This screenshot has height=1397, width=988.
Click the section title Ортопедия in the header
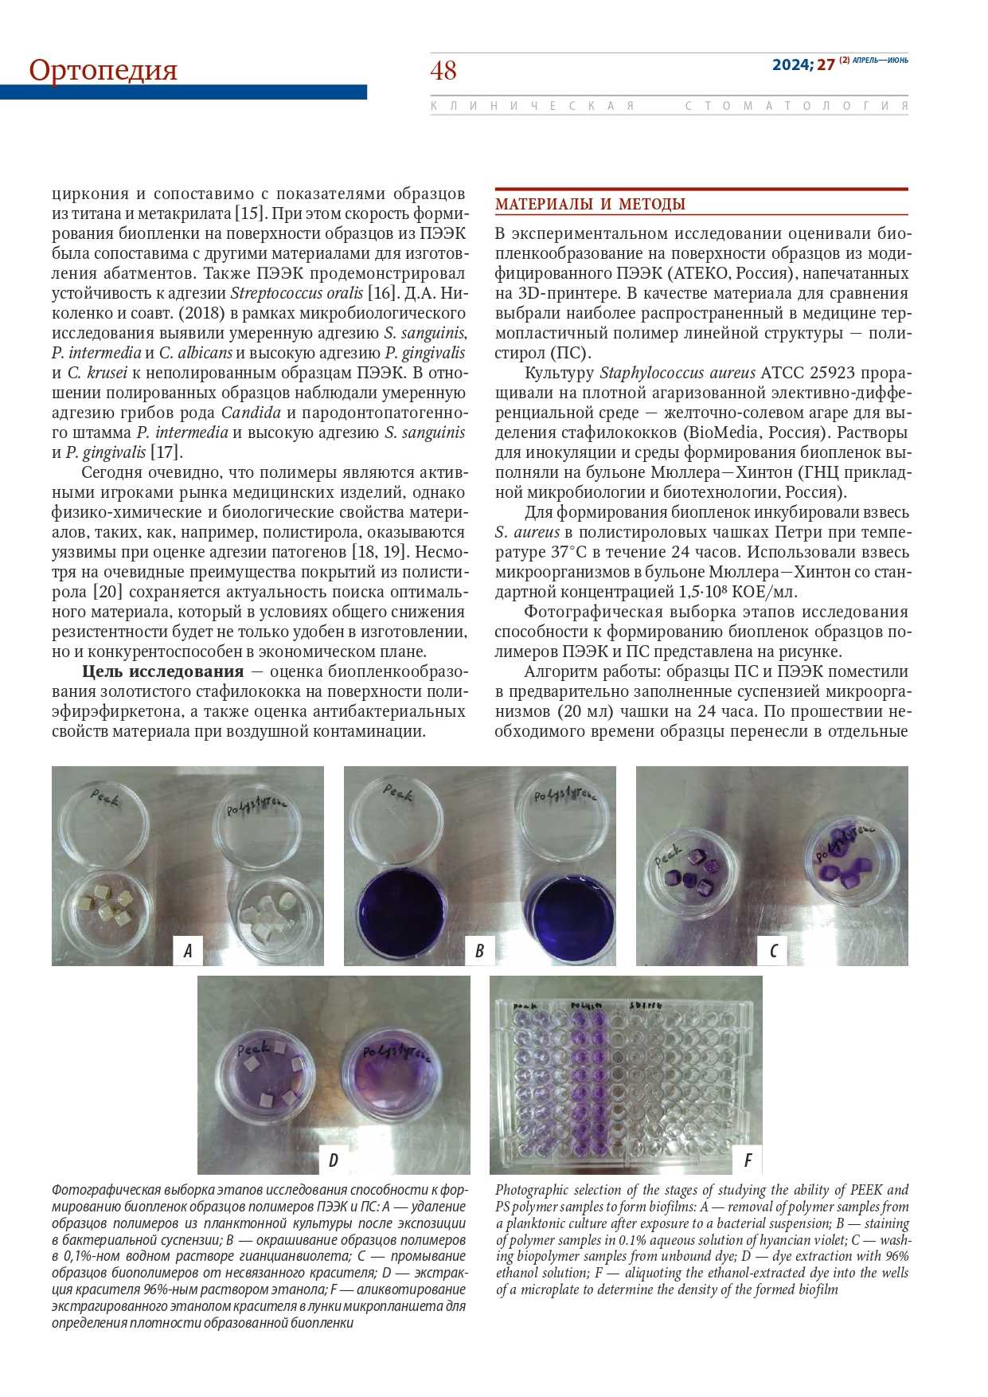(x=103, y=70)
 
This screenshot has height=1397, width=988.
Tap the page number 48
(x=443, y=71)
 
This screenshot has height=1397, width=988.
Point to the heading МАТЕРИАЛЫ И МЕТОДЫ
(x=590, y=204)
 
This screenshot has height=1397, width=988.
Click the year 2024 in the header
(x=791, y=65)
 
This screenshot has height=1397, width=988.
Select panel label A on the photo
(x=188, y=950)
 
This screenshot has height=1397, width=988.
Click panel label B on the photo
(x=479, y=950)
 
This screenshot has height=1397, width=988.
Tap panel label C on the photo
(x=772, y=950)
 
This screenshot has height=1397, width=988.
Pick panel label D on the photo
(x=333, y=1160)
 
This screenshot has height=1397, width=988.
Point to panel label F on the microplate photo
(x=748, y=1160)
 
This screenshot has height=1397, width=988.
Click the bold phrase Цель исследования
(x=162, y=671)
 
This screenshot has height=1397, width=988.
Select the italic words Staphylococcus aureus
(x=677, y=373)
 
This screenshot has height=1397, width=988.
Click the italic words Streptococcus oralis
(x=296, y=293)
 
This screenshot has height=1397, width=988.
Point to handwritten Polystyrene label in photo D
(x=396, y=1055)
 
